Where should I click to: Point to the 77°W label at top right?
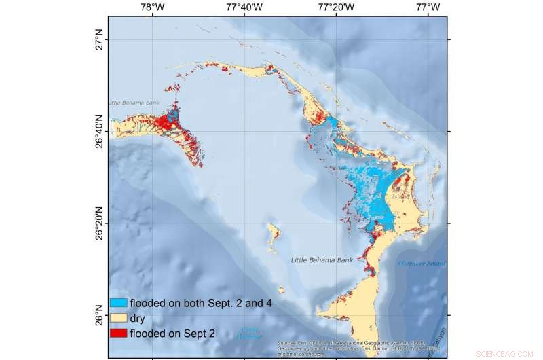[x=428, y=7]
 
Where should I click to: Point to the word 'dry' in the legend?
[x=138, y=318]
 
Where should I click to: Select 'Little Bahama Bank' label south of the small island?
[x=321, y=260]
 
